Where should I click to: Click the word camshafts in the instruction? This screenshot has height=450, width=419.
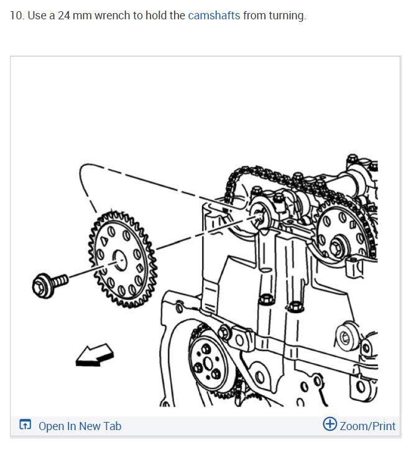point(214,16)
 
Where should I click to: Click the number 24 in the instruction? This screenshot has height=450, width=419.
point(65,16)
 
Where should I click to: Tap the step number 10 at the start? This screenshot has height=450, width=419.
point(16,16)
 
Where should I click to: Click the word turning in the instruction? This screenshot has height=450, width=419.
point(287,16)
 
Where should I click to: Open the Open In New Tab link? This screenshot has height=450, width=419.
point(80,426)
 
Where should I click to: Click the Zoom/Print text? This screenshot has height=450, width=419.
point(367,426)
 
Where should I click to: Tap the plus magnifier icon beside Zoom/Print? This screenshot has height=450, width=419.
point(330,424)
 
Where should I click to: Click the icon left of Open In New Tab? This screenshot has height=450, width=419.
point(25,426)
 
